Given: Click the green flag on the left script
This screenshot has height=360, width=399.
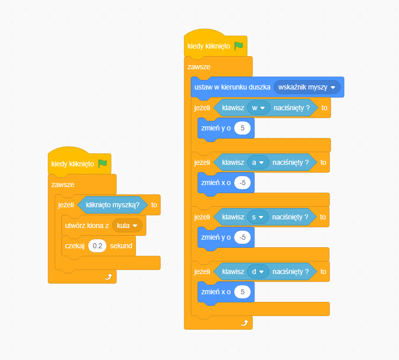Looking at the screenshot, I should coord(103,164).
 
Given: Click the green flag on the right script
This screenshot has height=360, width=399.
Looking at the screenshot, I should coord(239,46).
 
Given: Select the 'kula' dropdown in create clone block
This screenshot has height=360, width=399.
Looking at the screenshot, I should coord(127,226).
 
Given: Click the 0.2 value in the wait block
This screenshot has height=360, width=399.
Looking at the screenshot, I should coord(97,246).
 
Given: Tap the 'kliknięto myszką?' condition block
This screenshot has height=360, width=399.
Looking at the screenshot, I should coord(112,205).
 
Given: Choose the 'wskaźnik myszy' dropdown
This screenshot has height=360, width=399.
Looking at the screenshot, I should coord(307,87).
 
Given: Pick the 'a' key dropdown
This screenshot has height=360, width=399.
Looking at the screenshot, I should coord(257,162).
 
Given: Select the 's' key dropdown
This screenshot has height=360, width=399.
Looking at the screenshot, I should coord(257,217).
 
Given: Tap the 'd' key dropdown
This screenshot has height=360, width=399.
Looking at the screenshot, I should coord(257,272).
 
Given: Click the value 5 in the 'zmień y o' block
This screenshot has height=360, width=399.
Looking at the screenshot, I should coord(243,128).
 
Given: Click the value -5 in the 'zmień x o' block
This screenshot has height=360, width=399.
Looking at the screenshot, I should coord(243,183).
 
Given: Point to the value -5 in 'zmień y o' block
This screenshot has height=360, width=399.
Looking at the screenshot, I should coord(243,237).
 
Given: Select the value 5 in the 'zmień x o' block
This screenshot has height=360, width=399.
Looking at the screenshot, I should coord(243,292).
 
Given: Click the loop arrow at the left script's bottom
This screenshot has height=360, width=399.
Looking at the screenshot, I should coord(108,277).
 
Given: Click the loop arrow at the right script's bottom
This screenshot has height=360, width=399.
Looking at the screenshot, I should coord(244,323).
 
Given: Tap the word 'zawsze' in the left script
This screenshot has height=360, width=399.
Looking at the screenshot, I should coord(63,185).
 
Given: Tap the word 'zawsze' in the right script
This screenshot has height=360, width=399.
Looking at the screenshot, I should coord(199,67).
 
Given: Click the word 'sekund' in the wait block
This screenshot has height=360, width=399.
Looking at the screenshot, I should coord(121,246).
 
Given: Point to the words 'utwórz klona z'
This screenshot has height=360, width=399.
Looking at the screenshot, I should coord(87,226).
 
